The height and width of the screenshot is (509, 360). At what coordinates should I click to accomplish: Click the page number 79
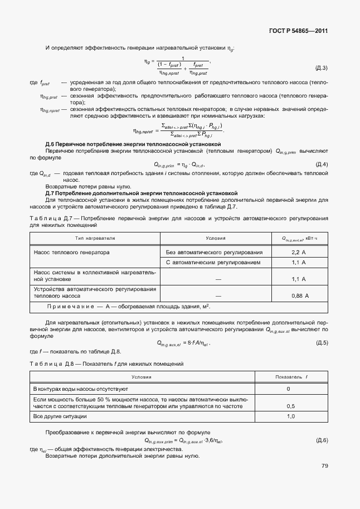click(x=324, y=466)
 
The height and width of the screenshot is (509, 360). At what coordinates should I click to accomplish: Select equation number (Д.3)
click(x=322, y=68)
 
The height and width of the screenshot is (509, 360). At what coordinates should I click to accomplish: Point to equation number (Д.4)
click(x=322, y=164)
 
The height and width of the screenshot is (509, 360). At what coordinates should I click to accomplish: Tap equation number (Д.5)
click(x=322, y=342)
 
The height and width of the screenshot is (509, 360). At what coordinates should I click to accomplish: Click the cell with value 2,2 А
click(x=299, y=253)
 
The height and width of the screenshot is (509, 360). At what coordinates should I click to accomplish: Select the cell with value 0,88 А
click(x=299, y=296)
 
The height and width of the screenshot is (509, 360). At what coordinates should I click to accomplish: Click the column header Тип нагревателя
click(x=95, y=239)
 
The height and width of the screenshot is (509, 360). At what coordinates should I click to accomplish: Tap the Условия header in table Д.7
click(x=215, y=239)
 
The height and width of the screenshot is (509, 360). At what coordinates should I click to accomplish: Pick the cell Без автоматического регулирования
click(x=214, y=253)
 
